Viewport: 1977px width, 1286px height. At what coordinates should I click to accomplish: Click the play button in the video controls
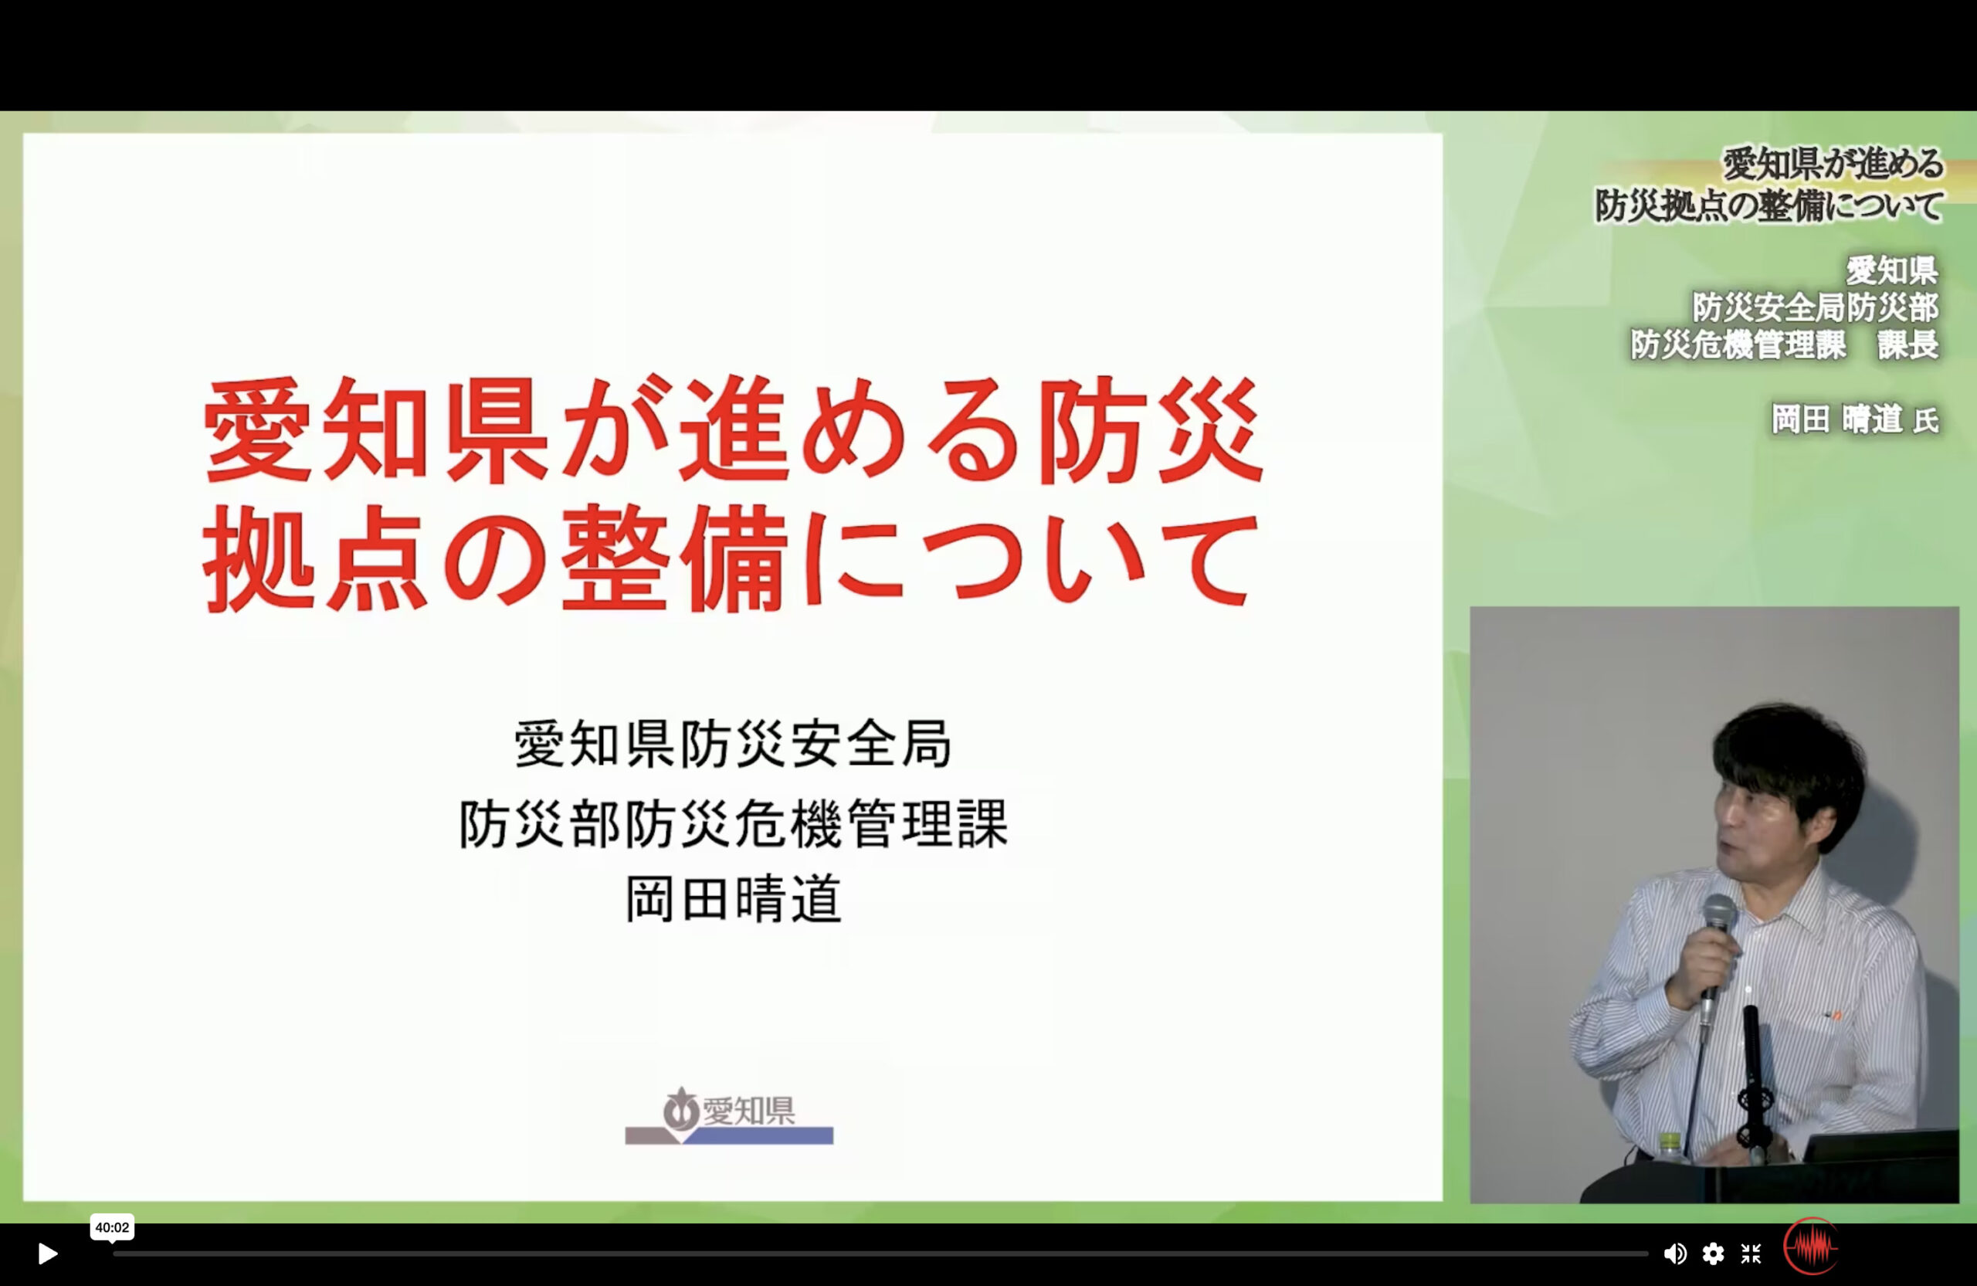tap(48, 1254)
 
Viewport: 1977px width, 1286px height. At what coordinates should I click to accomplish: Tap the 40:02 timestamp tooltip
tap(112, 1227)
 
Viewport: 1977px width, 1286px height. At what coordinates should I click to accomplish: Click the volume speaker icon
tap(1674, 1254)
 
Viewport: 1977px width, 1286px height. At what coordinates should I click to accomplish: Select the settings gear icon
tap(1713, 1254)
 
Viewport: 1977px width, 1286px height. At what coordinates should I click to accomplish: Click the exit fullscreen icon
tap(1751, 1254)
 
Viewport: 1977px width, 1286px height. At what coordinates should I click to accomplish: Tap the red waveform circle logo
tap(1811, 1246)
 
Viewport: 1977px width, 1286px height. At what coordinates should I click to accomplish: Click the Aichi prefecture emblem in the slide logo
tap(681, 1109)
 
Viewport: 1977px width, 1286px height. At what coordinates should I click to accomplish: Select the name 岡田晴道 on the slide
tap(734, 899)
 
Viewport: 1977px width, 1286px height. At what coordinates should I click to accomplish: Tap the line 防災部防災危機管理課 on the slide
tap(734, 823)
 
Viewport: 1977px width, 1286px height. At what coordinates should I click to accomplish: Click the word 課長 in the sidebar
tap(1908, 344)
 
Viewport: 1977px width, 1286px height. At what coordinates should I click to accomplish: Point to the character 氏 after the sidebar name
tap(1926, 421)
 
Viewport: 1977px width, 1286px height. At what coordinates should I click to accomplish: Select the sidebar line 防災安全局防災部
tap(1816, 307)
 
